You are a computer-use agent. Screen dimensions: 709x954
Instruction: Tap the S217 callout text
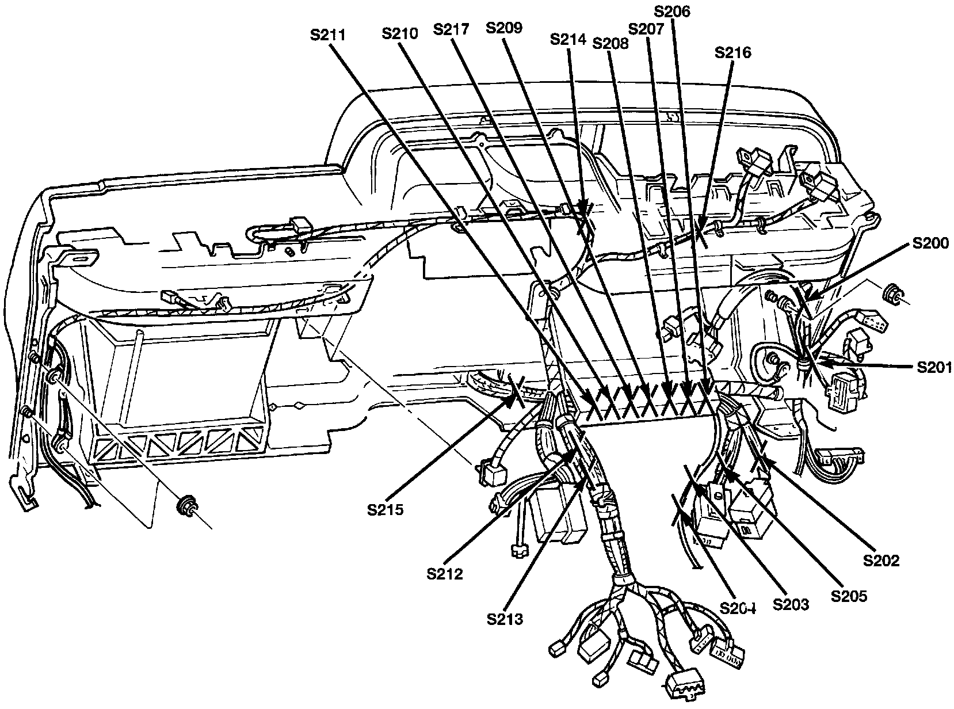click(452, 29)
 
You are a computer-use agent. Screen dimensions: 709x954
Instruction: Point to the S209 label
click(504, 28)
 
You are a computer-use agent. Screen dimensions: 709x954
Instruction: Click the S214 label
click(568, 40)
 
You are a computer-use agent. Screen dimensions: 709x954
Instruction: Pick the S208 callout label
click(610, 43)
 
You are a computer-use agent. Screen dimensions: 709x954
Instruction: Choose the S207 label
click(647, 29)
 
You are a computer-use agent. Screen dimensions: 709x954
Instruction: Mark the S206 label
click(673, 12)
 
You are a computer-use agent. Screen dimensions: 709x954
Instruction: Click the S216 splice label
click(732, 53)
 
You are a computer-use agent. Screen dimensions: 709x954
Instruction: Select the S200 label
click(930, 243)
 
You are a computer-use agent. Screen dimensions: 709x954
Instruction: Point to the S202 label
click(882, 560)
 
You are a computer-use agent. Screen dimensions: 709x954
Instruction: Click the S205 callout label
click(849, 596)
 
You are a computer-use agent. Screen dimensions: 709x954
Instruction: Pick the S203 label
click(791, 604)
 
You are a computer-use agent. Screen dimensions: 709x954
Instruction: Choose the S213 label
click(505, 619)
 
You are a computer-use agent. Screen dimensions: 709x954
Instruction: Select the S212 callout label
click(445, 574)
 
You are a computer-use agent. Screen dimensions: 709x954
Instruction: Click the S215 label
click(387, 509)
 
